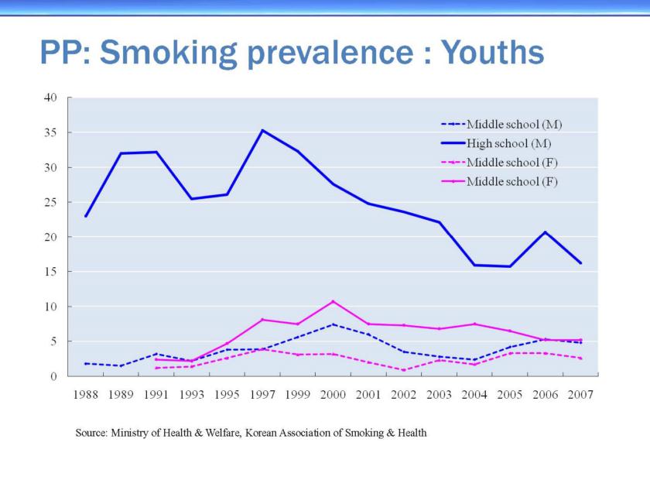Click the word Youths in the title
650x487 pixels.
493,53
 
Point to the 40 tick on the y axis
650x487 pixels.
51,98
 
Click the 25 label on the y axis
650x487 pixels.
51,202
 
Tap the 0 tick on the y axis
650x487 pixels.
54,377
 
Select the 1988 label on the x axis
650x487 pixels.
85,395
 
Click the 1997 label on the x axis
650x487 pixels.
262,395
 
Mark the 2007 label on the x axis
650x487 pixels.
580,395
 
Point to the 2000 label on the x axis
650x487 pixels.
333,395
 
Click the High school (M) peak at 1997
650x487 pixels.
262,130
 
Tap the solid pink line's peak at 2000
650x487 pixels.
333,301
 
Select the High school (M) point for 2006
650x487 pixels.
545,232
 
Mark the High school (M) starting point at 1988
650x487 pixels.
85,216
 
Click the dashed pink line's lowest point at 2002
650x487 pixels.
403,370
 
